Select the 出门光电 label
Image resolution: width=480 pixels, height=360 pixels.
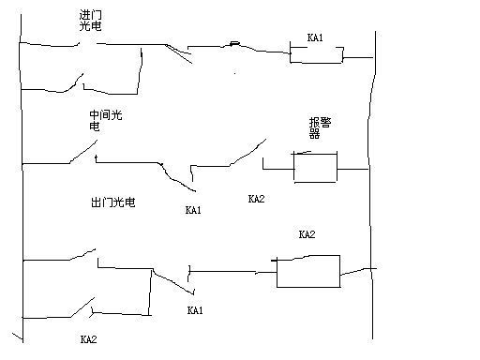[x=112, y=202]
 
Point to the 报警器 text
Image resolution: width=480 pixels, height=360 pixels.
[x=320, y=127]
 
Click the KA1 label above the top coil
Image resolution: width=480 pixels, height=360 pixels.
[x=315, y=37]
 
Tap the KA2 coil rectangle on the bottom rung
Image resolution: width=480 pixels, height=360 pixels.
[x=307, y=270]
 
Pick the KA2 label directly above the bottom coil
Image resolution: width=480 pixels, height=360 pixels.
[x=307, y=234]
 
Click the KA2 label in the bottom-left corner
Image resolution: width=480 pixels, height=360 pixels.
[x=88, y=338]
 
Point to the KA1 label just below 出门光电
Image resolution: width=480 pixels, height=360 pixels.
[x=193, y=210]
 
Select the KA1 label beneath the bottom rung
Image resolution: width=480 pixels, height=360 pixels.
[x=195, y=309]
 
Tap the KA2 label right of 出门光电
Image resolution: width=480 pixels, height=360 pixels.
[x=256, y=199]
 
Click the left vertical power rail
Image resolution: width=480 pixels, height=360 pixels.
[x=21, y=187]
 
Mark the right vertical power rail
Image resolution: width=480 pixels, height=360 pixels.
[x=372, y=187]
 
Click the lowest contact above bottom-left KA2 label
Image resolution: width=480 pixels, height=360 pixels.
[x=79, y=309]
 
